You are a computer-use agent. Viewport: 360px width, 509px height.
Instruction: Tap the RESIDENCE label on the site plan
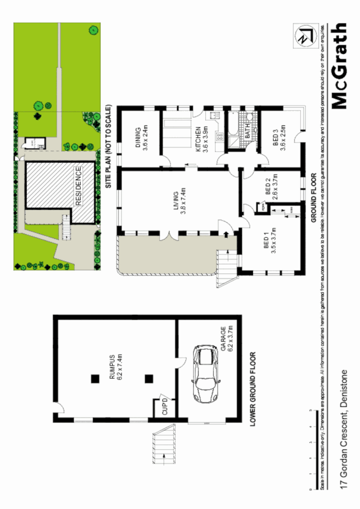pyautogui.click(x=78, y=186)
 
